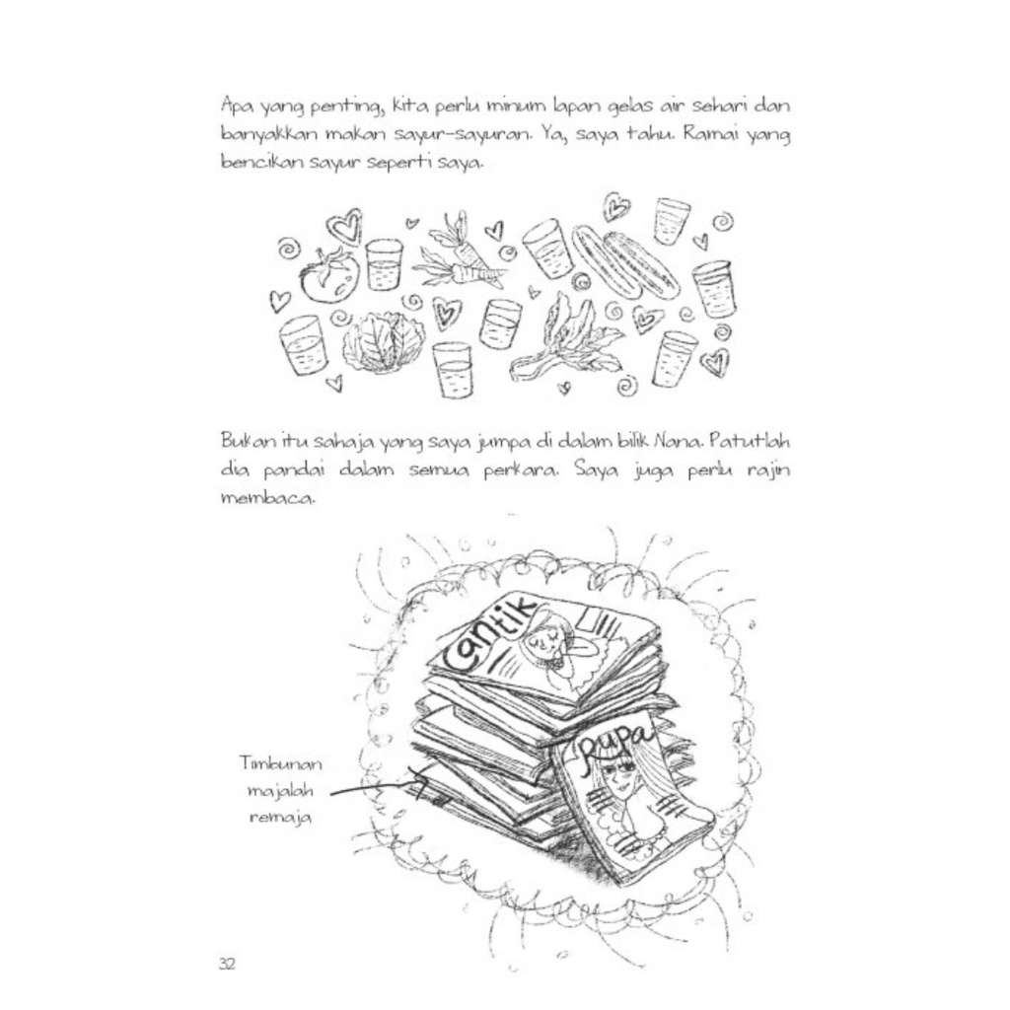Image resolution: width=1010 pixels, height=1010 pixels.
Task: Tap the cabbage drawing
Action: [385, 342]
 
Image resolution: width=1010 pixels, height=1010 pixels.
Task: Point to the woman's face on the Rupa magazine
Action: [619, 779]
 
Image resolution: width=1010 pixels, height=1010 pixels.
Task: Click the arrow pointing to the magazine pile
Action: [375, 789]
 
